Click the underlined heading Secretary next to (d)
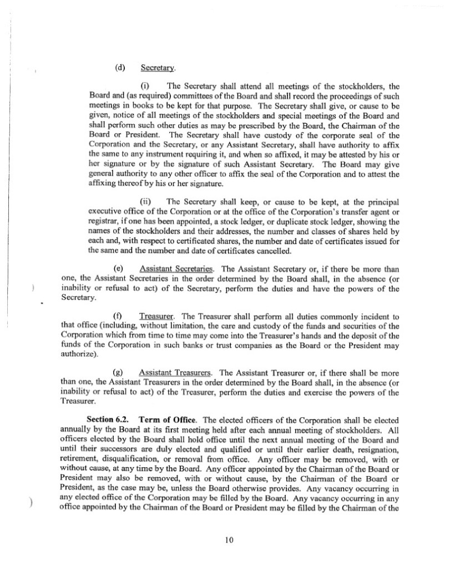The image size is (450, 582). [158, 68]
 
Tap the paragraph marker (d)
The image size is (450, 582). [119, 68]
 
